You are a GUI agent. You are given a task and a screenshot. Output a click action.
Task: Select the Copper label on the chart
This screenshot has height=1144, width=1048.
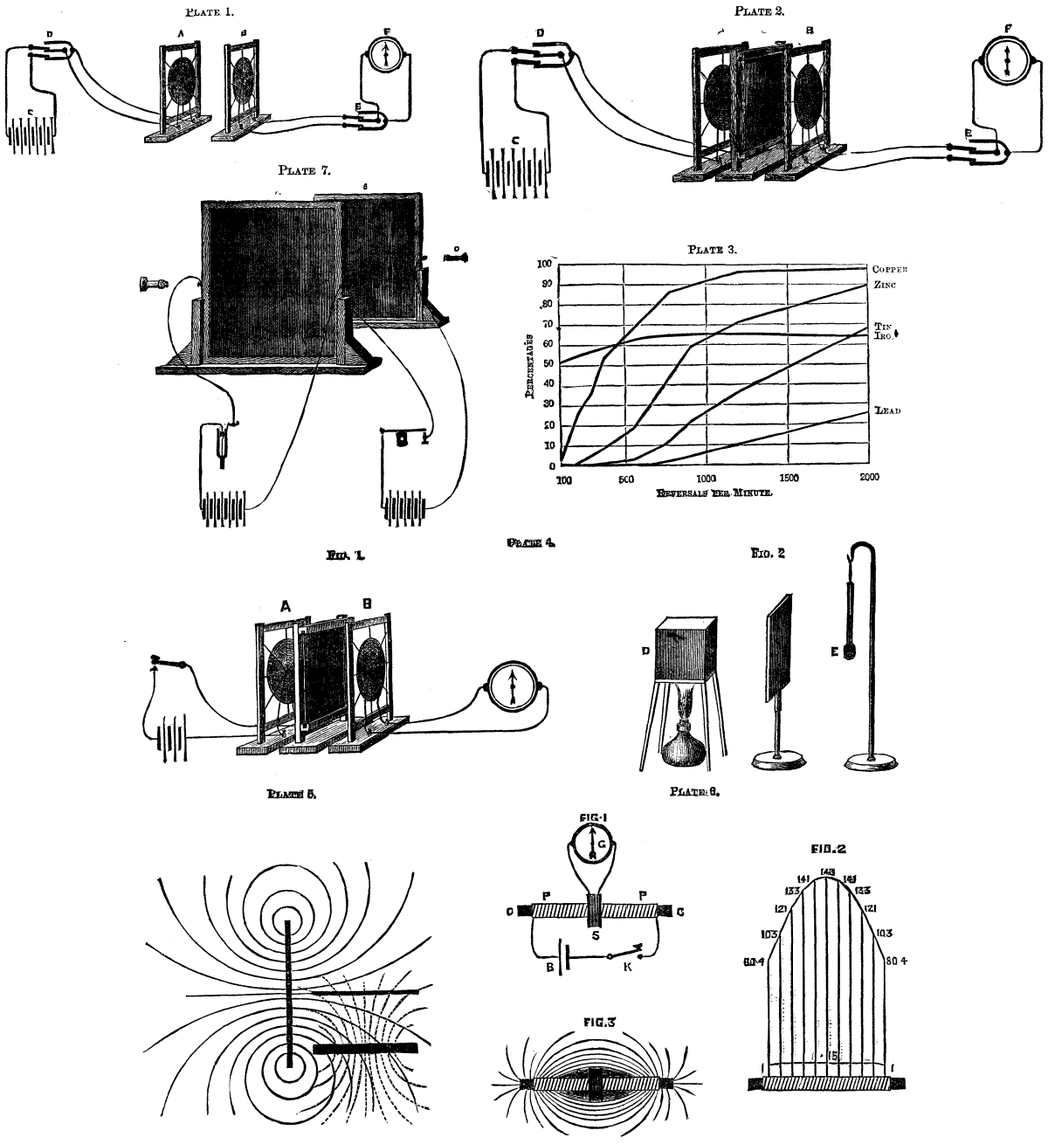[891, 269]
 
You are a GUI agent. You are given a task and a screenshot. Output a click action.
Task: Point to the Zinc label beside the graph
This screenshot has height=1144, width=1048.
[884, 285]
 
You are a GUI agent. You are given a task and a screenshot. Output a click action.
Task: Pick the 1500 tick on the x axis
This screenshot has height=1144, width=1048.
[789, 478]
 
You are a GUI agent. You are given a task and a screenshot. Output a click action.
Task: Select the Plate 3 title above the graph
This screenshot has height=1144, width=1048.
[713, 250]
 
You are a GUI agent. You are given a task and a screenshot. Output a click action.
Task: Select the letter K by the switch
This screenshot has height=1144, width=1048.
[627, 968]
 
